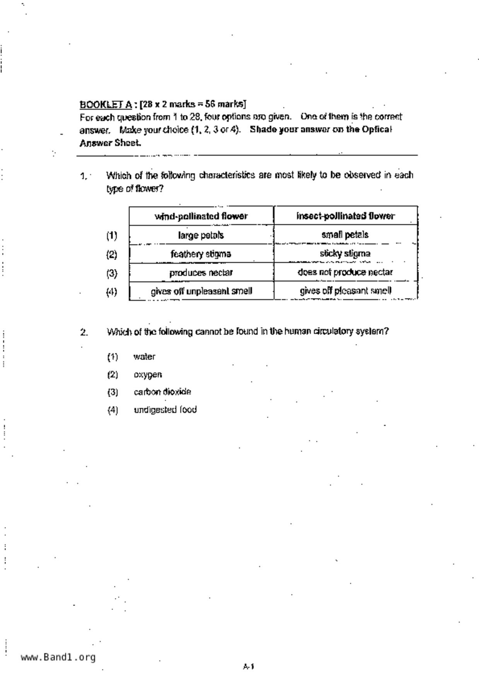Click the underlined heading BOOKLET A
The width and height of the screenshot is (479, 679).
click(106, 104)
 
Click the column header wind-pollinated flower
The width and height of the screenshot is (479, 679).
click(201, 216)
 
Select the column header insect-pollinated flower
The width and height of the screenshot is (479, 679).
click(345, 216)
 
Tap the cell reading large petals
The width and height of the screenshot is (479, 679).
click(201, 235)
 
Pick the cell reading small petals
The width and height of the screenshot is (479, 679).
click(345, 235)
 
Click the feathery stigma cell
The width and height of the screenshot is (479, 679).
click(201, 254)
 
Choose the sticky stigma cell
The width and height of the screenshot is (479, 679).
click(345, 254)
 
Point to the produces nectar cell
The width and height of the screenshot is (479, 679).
click(201, 273)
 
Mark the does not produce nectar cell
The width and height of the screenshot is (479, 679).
click(345, 272)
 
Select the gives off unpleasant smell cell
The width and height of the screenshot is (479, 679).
click(201, 291)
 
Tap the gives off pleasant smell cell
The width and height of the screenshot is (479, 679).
click(345, 291)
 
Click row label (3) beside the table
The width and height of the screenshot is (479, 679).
click(112, 273)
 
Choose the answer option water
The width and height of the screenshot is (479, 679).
click(144, 357)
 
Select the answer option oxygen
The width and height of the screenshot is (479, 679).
click(148, 375)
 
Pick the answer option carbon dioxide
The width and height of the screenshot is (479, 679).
click(162, 392)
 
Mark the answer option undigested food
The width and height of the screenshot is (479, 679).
click(165, 410)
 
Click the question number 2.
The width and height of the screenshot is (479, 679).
click(84, 332)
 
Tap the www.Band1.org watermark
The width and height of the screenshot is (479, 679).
click(58, 657)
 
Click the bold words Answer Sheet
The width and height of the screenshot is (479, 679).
click(110, 143)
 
